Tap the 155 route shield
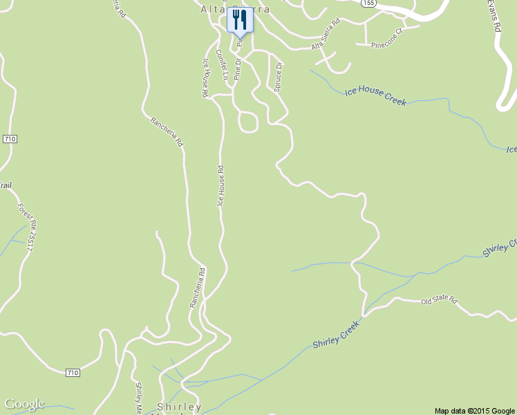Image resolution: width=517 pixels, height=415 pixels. pos(369,3)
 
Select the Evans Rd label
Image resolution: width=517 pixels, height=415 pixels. pos(495,17)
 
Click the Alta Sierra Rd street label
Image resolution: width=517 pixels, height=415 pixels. pos(326,35)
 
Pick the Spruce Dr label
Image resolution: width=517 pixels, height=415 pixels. pos(278,77)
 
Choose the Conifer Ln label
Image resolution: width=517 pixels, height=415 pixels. pos(222,64)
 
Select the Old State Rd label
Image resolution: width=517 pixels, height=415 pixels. pos(440,301)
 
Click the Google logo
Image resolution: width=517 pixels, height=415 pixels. pos(24,404)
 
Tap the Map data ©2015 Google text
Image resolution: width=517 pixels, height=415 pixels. pos(475,410)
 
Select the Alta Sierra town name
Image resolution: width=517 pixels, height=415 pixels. pos(234,9)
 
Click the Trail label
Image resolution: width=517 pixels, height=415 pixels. pos(6,185)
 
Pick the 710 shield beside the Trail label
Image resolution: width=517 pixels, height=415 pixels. pos(10,139)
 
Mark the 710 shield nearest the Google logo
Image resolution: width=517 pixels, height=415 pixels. pos(73,373)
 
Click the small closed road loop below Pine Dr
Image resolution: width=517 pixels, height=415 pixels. pos(247,122)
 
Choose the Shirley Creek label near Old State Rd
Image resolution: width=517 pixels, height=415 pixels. pos(337,334)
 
